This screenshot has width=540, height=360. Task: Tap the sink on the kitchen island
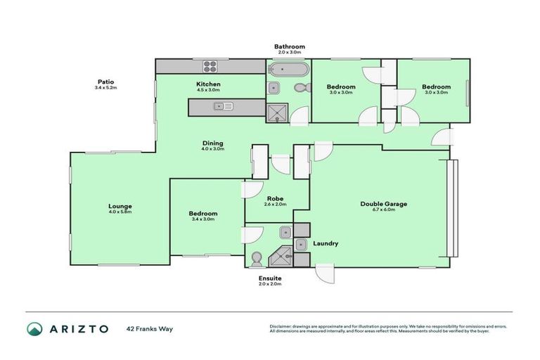tap(224, 107)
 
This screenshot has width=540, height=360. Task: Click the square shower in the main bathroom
tap(276, 114)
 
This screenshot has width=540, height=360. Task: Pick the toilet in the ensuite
tap(256, 258)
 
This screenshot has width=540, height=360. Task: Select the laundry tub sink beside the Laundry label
tap(301, 244)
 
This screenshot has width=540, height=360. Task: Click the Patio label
tap(106, 81)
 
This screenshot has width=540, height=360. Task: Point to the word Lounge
tap(120, 206)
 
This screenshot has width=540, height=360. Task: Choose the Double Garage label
tap(384, 204)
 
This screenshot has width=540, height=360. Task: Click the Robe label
tap(275, 198)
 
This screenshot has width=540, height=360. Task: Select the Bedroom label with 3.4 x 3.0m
tap(202, 213)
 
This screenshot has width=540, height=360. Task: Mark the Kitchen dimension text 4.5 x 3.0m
tap(208, 91)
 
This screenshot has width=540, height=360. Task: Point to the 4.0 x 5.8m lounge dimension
tap(120, 212)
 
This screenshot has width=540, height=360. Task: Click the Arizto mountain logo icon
tap(34, 328)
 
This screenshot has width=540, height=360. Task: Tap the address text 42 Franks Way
tap(150, 328)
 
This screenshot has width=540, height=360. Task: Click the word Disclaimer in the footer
tap(283, 327)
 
